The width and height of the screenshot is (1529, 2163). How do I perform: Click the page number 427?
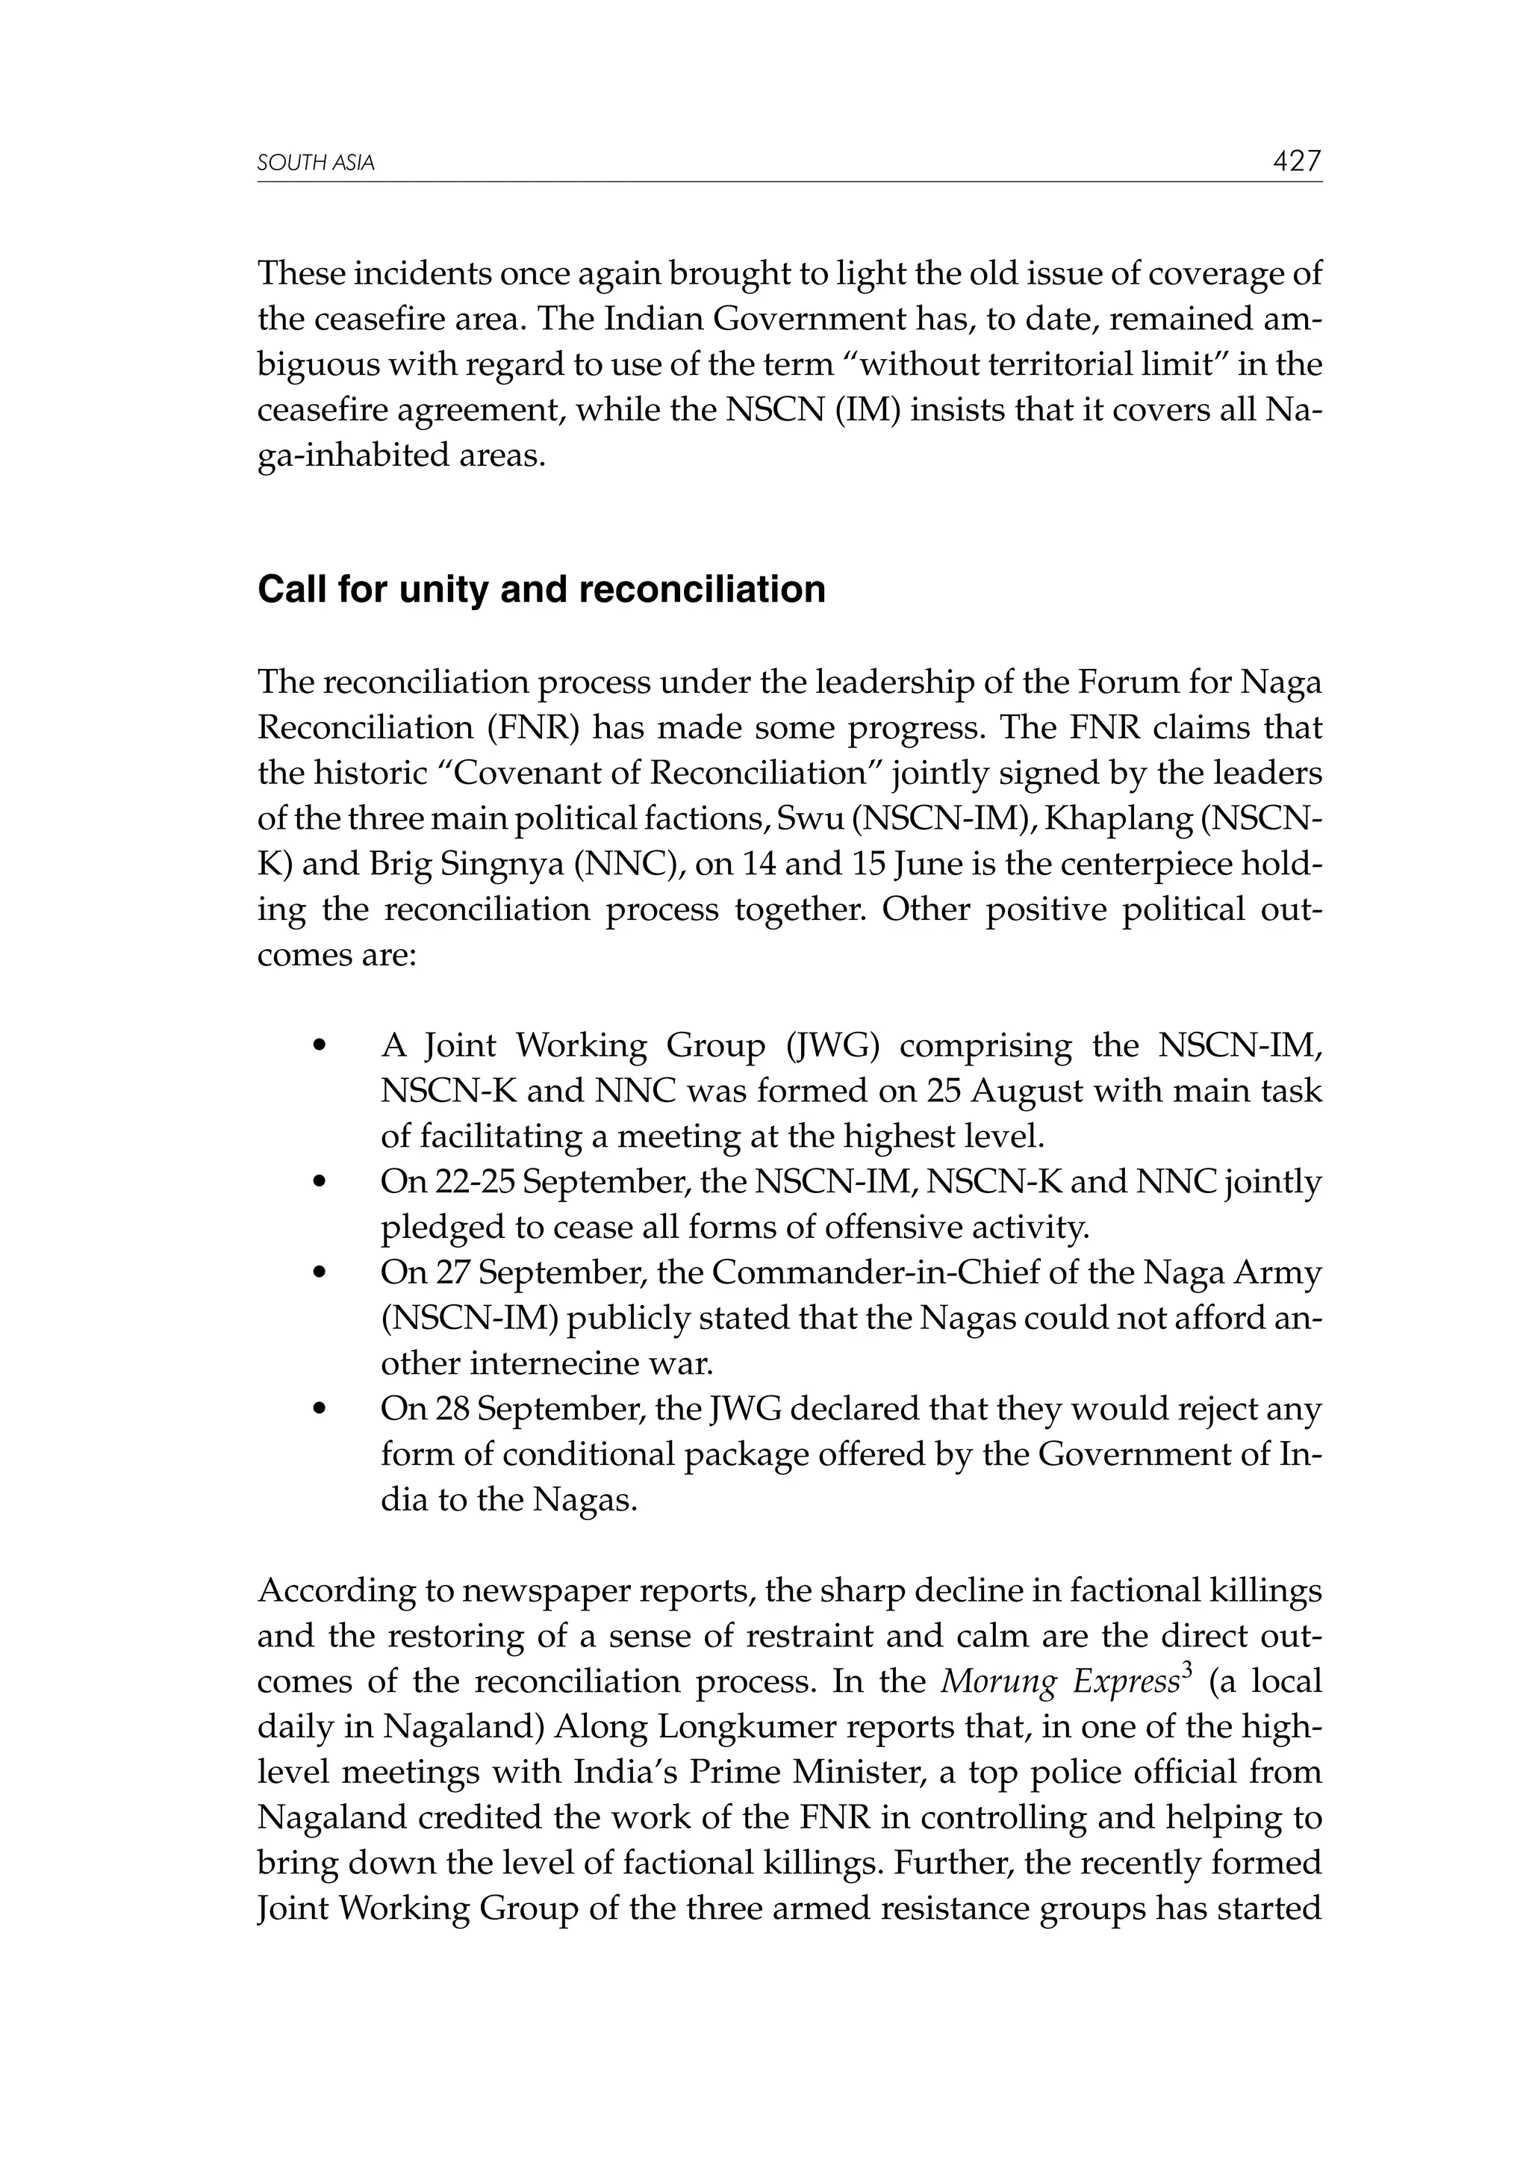(1296, 161)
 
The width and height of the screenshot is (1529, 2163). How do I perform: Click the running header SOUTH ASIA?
(316, 164)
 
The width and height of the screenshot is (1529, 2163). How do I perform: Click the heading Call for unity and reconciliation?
(542, 590)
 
